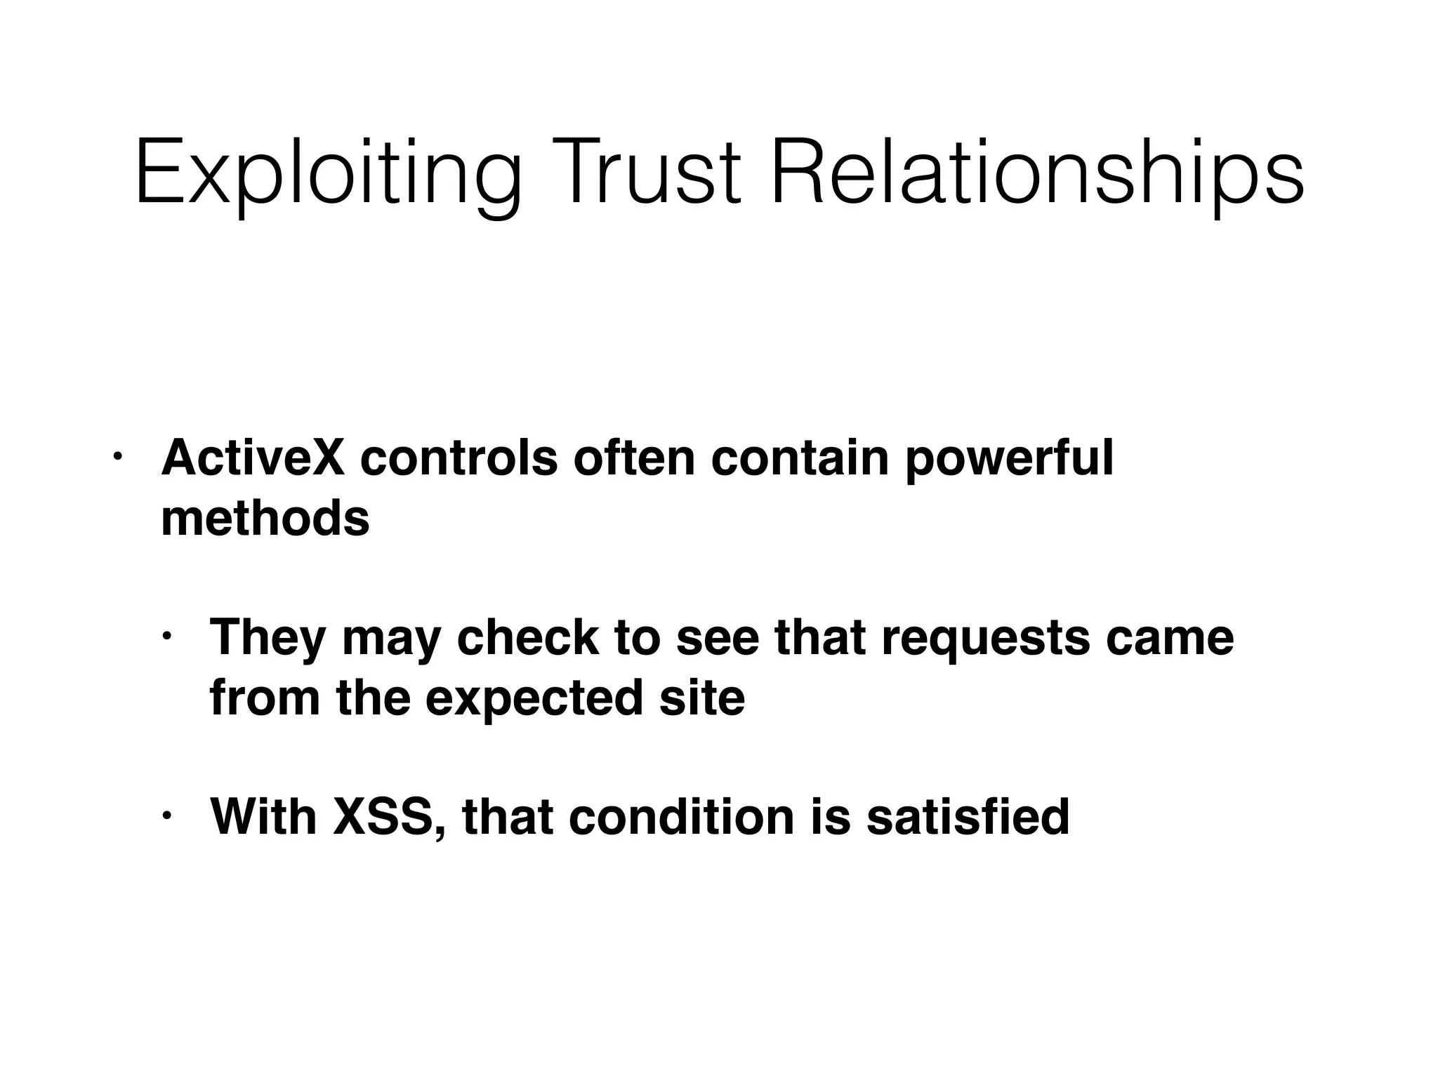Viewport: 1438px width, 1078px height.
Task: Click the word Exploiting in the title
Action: tap(328, 174)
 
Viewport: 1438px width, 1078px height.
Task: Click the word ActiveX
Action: tap(253, 458)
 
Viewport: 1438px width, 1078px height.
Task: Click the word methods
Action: tap(265, 519)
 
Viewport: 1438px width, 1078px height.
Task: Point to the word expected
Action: tap(534, 700)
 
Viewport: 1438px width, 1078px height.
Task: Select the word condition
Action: tap(681, 817)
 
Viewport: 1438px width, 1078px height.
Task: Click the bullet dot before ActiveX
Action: tap(117, 458)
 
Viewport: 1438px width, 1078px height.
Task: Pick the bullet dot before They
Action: tap(166, 637)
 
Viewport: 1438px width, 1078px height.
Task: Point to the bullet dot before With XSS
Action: tap(166, 816)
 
